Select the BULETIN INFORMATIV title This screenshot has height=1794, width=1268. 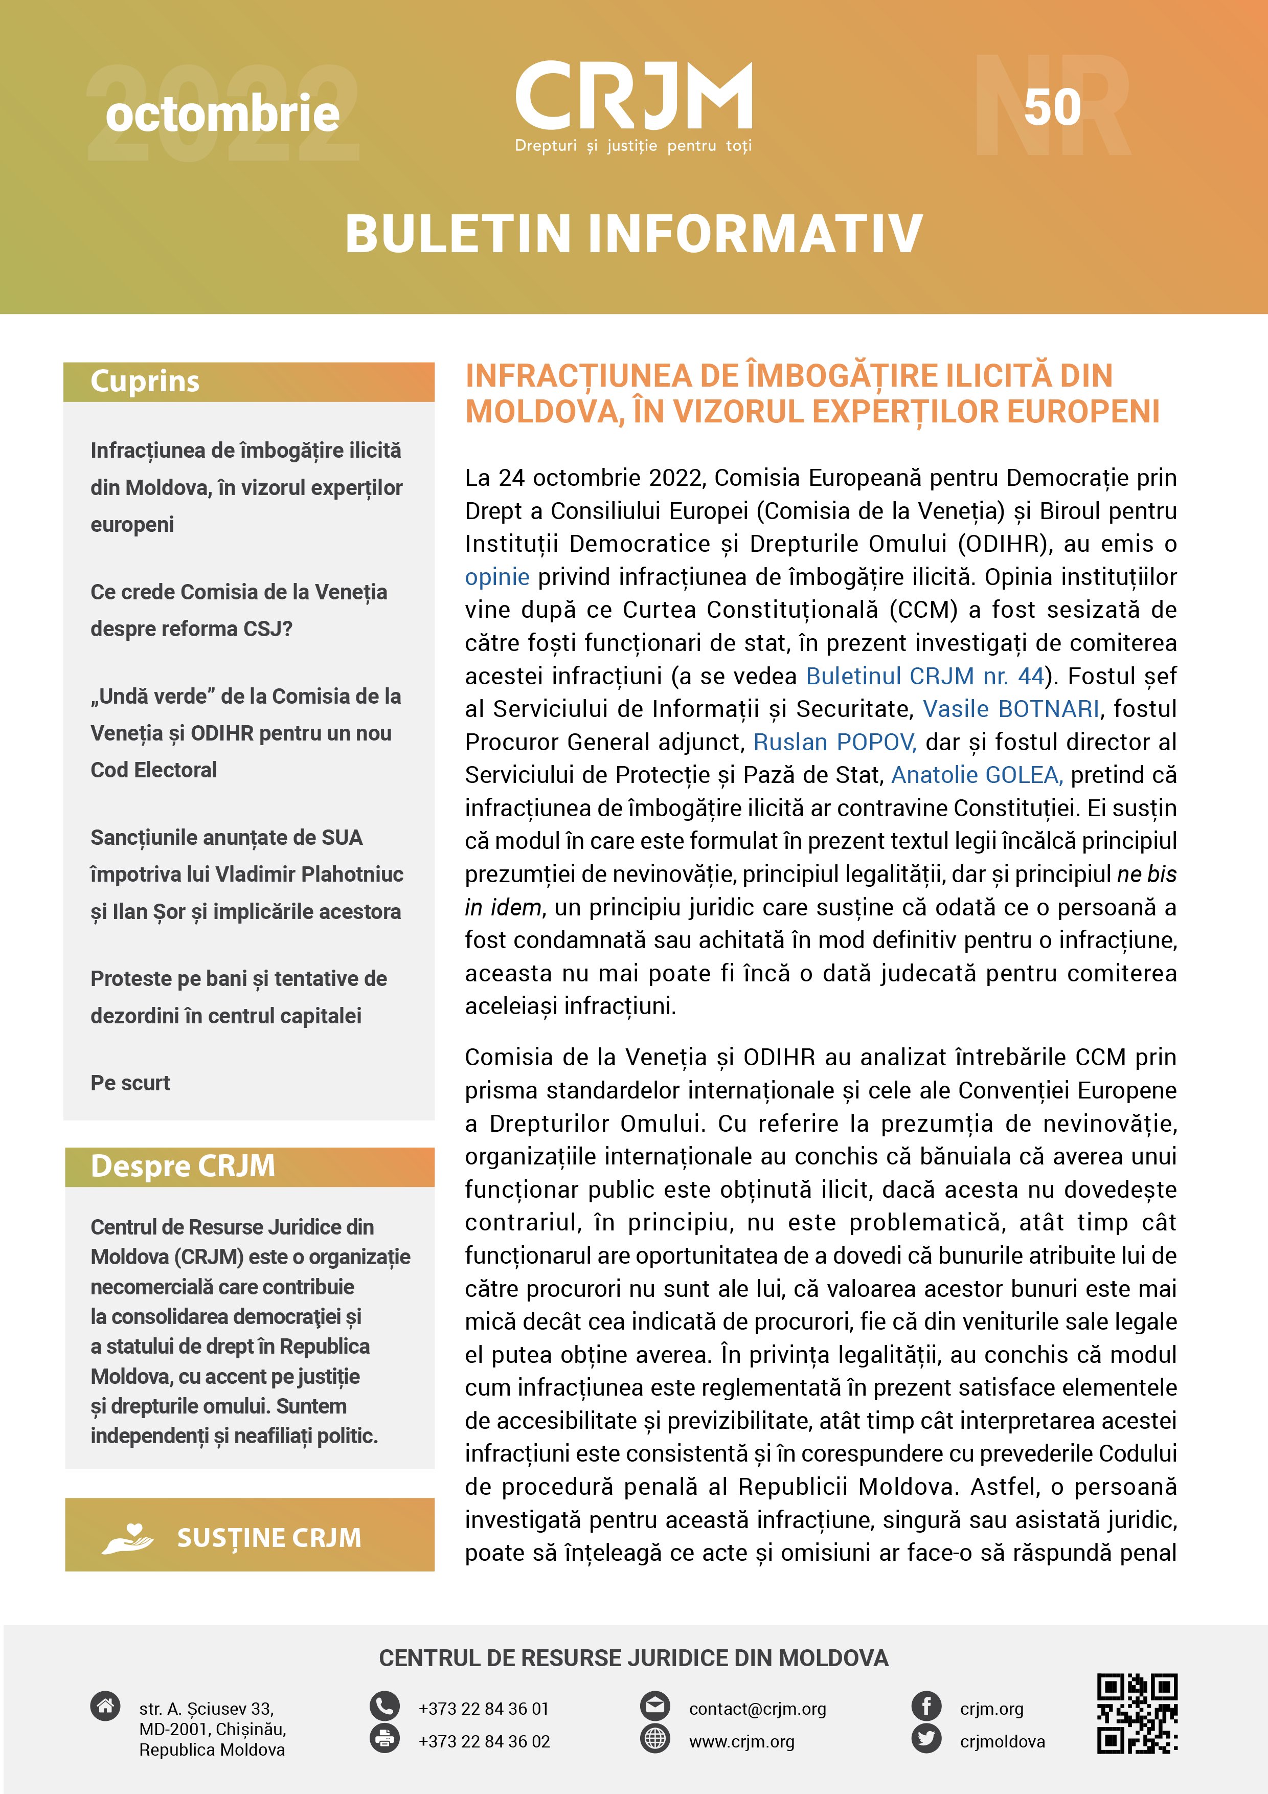633,234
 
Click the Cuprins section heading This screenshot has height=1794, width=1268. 145,382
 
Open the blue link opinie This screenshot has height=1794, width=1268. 497,577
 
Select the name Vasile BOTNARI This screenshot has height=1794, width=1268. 1011,709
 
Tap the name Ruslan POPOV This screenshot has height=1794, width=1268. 833,742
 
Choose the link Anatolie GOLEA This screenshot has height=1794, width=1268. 976,774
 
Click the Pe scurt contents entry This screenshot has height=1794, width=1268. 130,1083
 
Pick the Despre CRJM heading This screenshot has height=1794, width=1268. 183,1166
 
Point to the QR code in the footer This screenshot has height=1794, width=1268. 1137,1712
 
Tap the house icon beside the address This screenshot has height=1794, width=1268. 105,1705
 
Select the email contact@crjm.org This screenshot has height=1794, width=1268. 757,1709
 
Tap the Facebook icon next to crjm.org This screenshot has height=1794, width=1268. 926,1705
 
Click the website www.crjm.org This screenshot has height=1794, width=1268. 741,1742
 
